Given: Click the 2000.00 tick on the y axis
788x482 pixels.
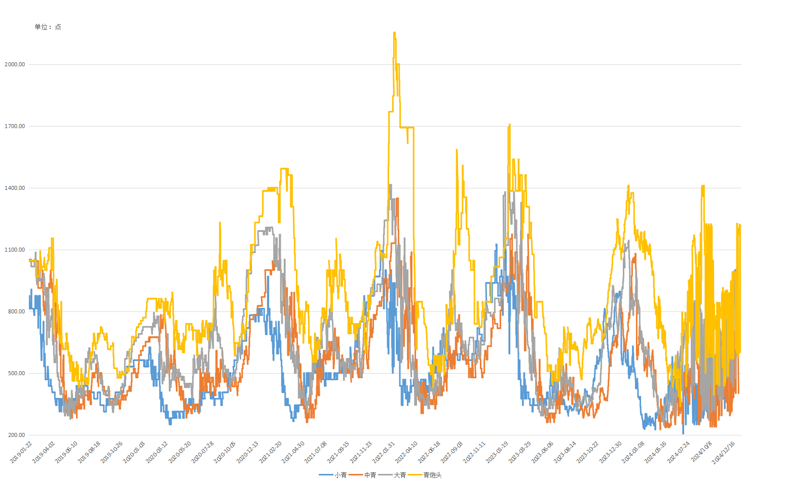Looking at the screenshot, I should click(15, 64).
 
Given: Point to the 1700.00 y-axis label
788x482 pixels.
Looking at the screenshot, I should click(15, 126).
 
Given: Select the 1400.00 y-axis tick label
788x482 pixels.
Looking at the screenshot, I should click(15, 188).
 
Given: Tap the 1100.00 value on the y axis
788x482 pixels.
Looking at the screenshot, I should click(15, 250).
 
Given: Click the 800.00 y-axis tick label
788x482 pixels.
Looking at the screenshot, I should click(16, 311).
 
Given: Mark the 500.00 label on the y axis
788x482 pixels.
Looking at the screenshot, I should click(16, 373).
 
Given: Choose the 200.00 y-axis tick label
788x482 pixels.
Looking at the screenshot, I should click(16, 435).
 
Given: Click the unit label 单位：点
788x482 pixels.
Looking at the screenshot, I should click(48, 27).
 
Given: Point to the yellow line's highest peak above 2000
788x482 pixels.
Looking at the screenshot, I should click(394, 33).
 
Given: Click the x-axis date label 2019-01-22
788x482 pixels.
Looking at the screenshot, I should click(21, 452).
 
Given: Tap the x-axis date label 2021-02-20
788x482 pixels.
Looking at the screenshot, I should click(271, 452).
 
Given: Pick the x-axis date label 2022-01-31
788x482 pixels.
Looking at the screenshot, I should click(384, 452).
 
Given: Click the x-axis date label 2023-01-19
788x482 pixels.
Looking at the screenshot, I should click(497, 452).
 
